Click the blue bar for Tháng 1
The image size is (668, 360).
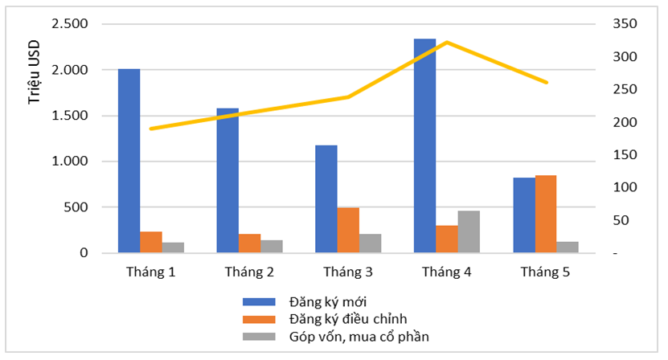(129, 161)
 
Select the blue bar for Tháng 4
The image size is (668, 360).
(425, 145)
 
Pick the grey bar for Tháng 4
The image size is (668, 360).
(469, 231)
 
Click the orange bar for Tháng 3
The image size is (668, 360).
(348, 230)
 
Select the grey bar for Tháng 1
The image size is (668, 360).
(173, 247)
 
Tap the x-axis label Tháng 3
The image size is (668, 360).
(348, 272)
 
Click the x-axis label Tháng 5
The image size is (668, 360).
(545, 272)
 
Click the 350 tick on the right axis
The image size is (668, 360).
(604, 24)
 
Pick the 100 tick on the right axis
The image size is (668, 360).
(604, 187)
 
